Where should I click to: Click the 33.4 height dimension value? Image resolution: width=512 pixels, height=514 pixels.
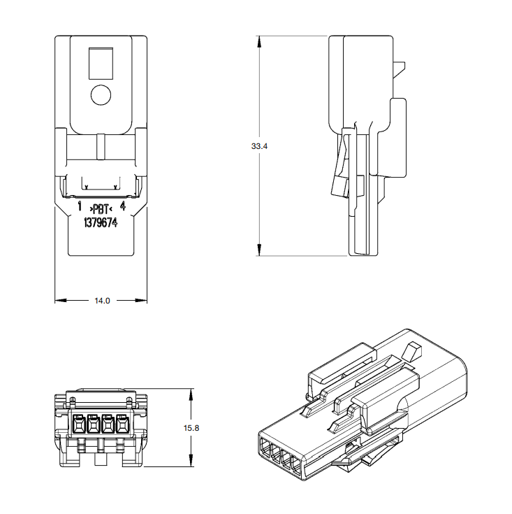259,146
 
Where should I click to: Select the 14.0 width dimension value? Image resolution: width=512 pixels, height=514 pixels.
102,301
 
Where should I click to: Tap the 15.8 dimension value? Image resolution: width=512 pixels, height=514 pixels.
191,428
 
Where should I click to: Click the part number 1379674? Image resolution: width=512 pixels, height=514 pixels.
101,223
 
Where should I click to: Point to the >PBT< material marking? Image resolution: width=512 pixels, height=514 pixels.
101,209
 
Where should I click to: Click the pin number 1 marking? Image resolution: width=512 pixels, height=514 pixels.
80,206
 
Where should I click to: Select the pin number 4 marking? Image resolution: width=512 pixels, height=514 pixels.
123,206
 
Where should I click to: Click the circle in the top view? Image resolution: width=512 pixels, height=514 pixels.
101,95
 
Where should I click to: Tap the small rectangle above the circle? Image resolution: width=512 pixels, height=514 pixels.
101,64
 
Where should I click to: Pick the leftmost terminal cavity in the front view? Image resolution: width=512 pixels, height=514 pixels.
78,425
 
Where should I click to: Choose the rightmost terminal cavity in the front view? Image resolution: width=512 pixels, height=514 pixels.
122,425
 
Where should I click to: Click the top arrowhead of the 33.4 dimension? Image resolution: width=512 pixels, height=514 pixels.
259,42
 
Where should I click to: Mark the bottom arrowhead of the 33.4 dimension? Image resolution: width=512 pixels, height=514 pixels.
259,250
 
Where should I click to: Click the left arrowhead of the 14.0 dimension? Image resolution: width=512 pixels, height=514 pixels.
61,300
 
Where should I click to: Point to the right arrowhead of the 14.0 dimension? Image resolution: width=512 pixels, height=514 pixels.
141,300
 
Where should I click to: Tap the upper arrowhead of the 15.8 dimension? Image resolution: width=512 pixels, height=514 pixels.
191,395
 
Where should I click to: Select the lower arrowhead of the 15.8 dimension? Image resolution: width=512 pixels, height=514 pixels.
191,460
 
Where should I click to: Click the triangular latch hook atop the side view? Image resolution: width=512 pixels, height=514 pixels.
399,70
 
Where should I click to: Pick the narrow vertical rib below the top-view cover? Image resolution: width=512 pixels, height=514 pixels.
101,147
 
